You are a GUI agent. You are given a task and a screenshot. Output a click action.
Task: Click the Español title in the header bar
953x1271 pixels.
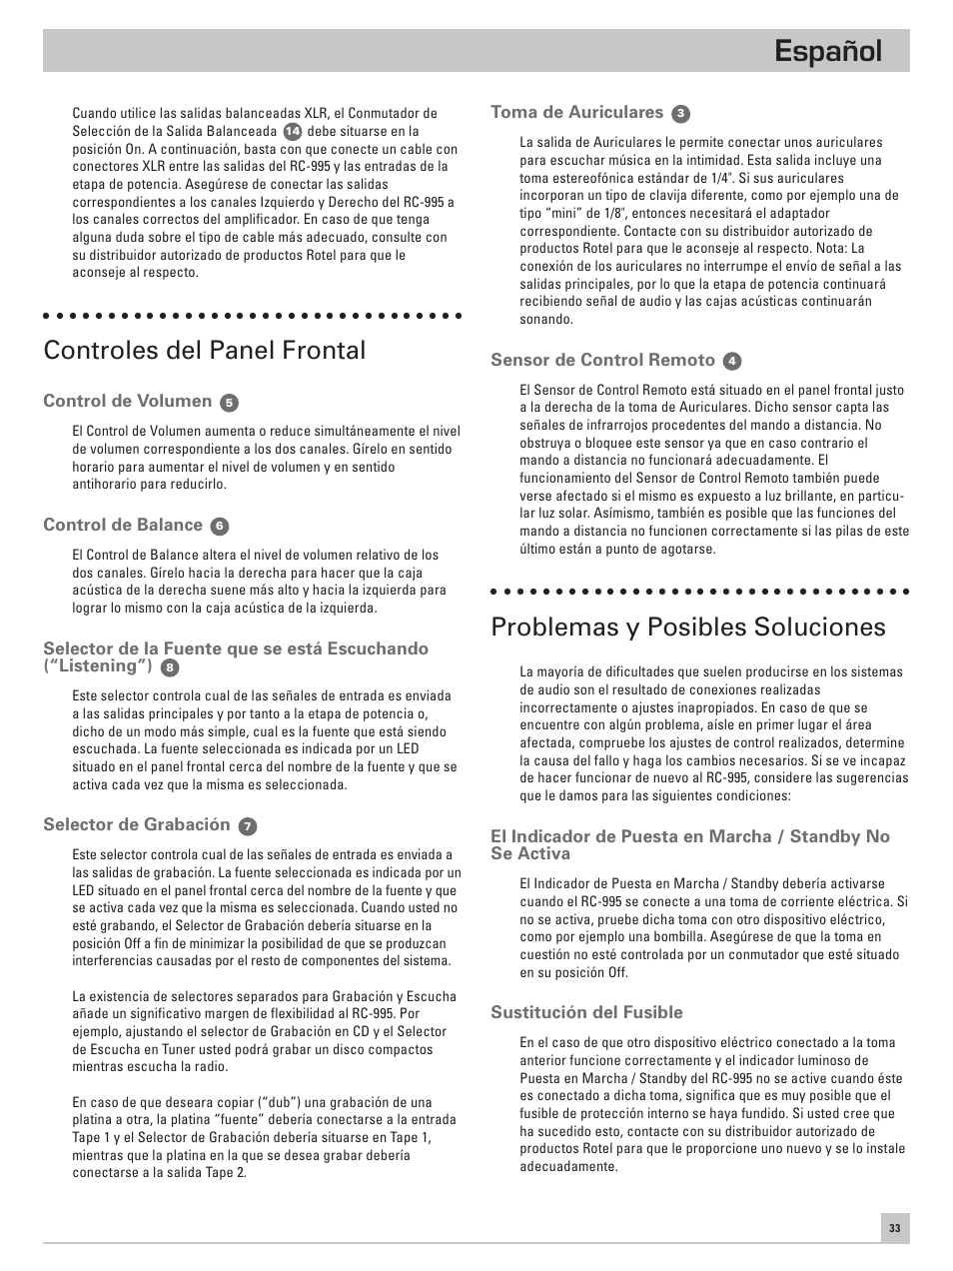(x=828, y=51)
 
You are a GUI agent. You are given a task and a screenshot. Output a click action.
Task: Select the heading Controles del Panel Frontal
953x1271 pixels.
(x=204, y=350)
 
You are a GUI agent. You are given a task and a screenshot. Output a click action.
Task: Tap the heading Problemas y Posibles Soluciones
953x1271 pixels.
(x=688, y=627)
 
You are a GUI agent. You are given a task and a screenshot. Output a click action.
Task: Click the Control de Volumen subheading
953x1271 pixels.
(x=127, y=402)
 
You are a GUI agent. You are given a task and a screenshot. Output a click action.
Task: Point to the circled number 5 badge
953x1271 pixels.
(x=230, y=403)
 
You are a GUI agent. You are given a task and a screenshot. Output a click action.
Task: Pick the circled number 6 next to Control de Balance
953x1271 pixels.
(x=220, y=527)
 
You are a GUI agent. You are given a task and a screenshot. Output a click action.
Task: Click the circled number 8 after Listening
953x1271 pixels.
(x=171, y=667)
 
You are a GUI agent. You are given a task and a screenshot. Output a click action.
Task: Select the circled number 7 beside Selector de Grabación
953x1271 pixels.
(x=248, y=826)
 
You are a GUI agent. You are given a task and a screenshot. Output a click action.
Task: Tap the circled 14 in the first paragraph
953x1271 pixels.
(x=292, y=132)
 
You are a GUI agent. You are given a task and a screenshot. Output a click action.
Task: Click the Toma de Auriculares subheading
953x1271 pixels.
(x=576, y=113)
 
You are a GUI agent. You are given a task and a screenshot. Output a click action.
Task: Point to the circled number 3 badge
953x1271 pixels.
(x=681, y=114)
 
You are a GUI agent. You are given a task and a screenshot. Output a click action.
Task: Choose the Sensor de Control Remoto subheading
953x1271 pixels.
(x=602, y=360)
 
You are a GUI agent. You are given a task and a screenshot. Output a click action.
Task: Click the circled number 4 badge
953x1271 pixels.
(x=732, y=361)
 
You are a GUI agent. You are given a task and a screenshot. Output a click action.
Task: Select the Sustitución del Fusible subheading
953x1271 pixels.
(x=586, y=1012)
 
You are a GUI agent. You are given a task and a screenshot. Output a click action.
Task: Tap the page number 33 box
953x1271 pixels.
(x=895, y=1229)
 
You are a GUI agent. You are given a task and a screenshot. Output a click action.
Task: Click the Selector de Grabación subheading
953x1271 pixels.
(x=136, y=824)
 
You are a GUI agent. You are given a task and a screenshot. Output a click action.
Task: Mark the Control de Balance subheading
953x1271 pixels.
(x=122, y=526)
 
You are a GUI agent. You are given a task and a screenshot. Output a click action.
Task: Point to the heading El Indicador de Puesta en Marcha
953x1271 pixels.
(x=689, y=844)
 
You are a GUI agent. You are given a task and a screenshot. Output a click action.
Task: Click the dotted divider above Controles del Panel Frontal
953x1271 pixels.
(x=252, y=316)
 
